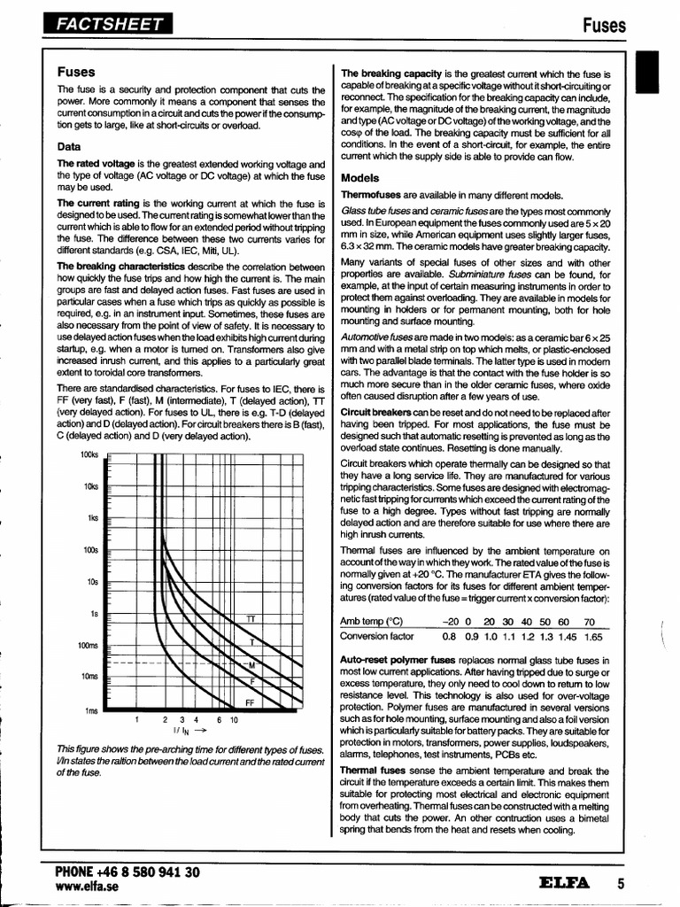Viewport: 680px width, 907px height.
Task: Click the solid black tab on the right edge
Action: coord(655,71)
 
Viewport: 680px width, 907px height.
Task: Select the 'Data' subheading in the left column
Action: coord(69,146)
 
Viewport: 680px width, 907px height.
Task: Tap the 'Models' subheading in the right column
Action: coord(359,177)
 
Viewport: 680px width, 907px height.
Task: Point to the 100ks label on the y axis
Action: coord(89,454)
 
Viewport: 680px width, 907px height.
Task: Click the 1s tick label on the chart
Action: coord(93,614)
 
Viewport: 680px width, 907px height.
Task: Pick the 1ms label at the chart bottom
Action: coord(91,710)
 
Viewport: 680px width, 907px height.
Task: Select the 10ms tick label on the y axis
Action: coord(89,678)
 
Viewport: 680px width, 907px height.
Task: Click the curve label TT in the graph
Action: coord(251,619)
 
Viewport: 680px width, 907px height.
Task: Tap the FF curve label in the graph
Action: coord(250,702)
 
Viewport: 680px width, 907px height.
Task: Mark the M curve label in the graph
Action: coord(251,665)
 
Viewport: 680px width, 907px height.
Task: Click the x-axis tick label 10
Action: coord(234,720)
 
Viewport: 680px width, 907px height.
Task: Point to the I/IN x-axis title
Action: coord(183,732)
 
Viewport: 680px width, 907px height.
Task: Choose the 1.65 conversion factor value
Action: coord(592,637)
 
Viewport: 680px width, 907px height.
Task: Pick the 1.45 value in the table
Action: coord(568,637)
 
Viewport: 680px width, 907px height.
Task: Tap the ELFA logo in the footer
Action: coord(564,882)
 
